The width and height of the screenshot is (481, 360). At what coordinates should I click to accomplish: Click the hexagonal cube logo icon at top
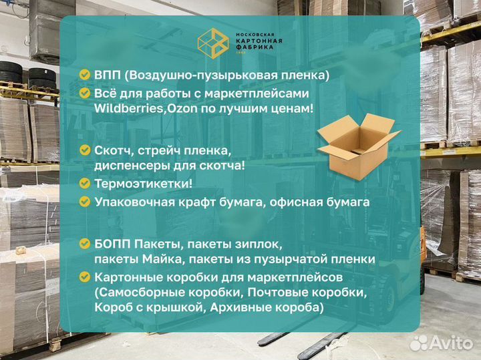(213, 43)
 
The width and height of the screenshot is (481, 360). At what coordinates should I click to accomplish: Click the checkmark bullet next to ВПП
(84, 75)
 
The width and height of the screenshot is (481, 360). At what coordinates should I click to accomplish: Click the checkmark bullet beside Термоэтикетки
(84, 182)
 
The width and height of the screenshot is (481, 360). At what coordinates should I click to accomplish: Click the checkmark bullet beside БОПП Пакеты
(84, 243)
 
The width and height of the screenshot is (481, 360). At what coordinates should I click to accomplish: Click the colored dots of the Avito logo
(419, 343)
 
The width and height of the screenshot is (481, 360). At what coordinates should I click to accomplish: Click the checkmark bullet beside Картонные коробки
(84, 276)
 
